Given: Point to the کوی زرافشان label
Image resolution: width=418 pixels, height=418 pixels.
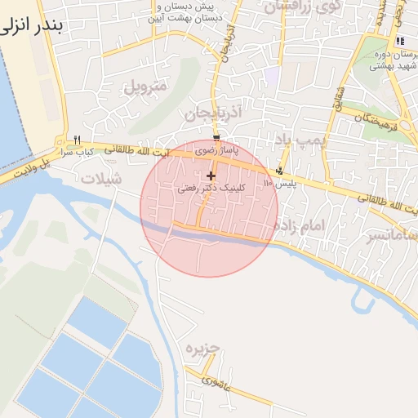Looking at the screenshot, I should click(x=295, y=7).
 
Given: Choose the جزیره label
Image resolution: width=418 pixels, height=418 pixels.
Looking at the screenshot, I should click(x=202, y=349).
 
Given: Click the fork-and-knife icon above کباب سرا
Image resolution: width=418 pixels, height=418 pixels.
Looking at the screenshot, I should click(x=77, y=139).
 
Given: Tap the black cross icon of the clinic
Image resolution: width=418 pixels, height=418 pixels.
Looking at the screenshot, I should click(x=211, y=176).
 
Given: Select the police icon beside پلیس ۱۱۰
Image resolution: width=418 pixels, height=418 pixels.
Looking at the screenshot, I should click(x=280, y=171).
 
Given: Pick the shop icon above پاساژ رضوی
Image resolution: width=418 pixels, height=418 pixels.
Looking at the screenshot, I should click(x=216, y=137).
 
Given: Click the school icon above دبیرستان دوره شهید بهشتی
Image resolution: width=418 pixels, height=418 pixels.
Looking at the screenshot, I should click(x=399, y=41).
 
